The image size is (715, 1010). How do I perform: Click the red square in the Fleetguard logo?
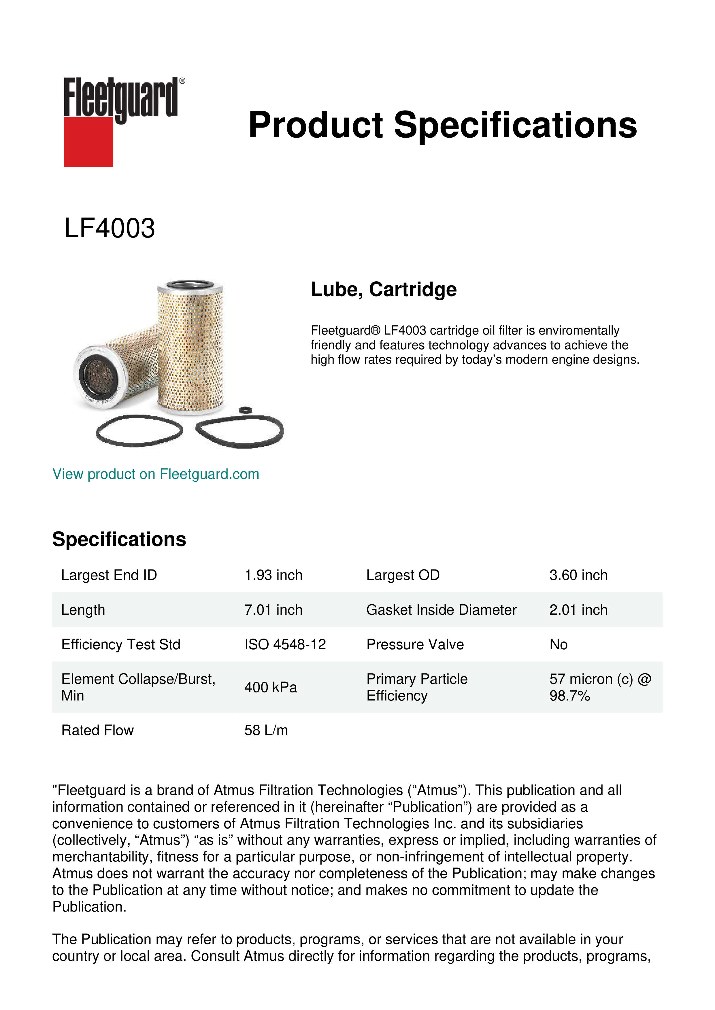click(x=88, y=142)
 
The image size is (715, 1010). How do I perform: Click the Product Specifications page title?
click(x=442, y=125)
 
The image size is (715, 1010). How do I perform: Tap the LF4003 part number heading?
click(x=110, y=228)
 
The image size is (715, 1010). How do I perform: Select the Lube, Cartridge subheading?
click(x=384, y=289)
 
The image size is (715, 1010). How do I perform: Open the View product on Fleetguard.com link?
click(x=155, y=474)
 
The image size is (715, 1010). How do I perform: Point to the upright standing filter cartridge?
click(x=190, y=348)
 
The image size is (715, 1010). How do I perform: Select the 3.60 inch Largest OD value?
click(x=578, y=575)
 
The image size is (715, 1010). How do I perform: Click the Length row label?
click(x=83, y=610)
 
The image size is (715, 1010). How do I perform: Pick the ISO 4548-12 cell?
click(x=285, y=644)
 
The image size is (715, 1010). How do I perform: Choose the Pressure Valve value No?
click(x=558, y=644)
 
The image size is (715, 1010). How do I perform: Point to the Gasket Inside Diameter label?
click(x=441, y=610)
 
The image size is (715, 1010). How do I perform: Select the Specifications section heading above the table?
click(x=119, y=539)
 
